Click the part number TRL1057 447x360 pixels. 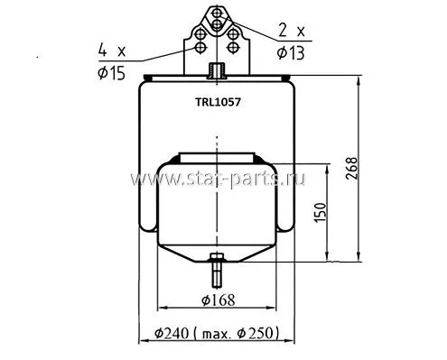[218, 103]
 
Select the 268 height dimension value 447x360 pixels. [351, 169]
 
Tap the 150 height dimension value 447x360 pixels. [320, 213]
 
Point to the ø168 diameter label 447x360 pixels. [219, 300]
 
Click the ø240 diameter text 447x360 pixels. [172, 333]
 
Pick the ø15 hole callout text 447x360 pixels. [111, 73]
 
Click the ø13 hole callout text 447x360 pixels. [291, 53]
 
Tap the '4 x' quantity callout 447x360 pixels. [112, 51]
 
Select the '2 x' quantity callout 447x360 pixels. [292, 31]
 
